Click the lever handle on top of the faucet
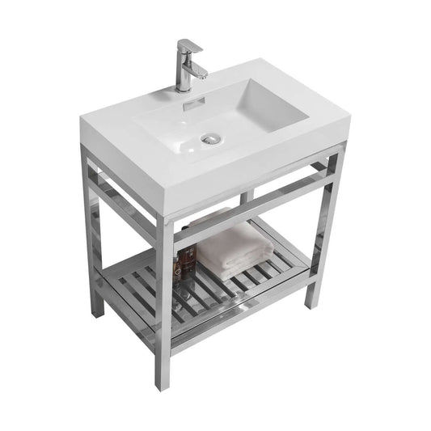tap(188, 45)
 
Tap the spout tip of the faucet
tap(201, 74)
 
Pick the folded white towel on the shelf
tap(235, 250)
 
